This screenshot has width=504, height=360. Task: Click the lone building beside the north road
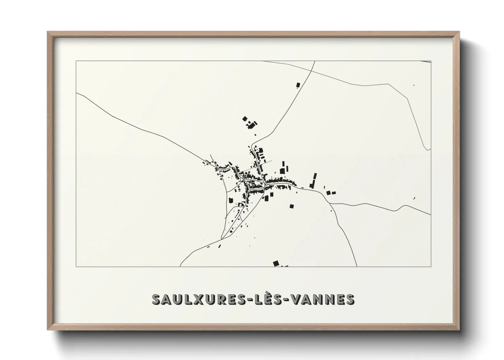298,85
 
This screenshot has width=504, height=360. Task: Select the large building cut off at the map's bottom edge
276,263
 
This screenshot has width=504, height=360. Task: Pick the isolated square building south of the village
292,206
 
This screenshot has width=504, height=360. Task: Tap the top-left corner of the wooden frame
48,32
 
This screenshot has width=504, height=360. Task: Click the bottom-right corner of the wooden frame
459,330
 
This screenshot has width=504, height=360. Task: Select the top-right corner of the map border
431,61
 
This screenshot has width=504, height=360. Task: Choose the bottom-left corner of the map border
76,267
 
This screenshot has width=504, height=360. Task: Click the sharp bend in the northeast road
408,98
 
